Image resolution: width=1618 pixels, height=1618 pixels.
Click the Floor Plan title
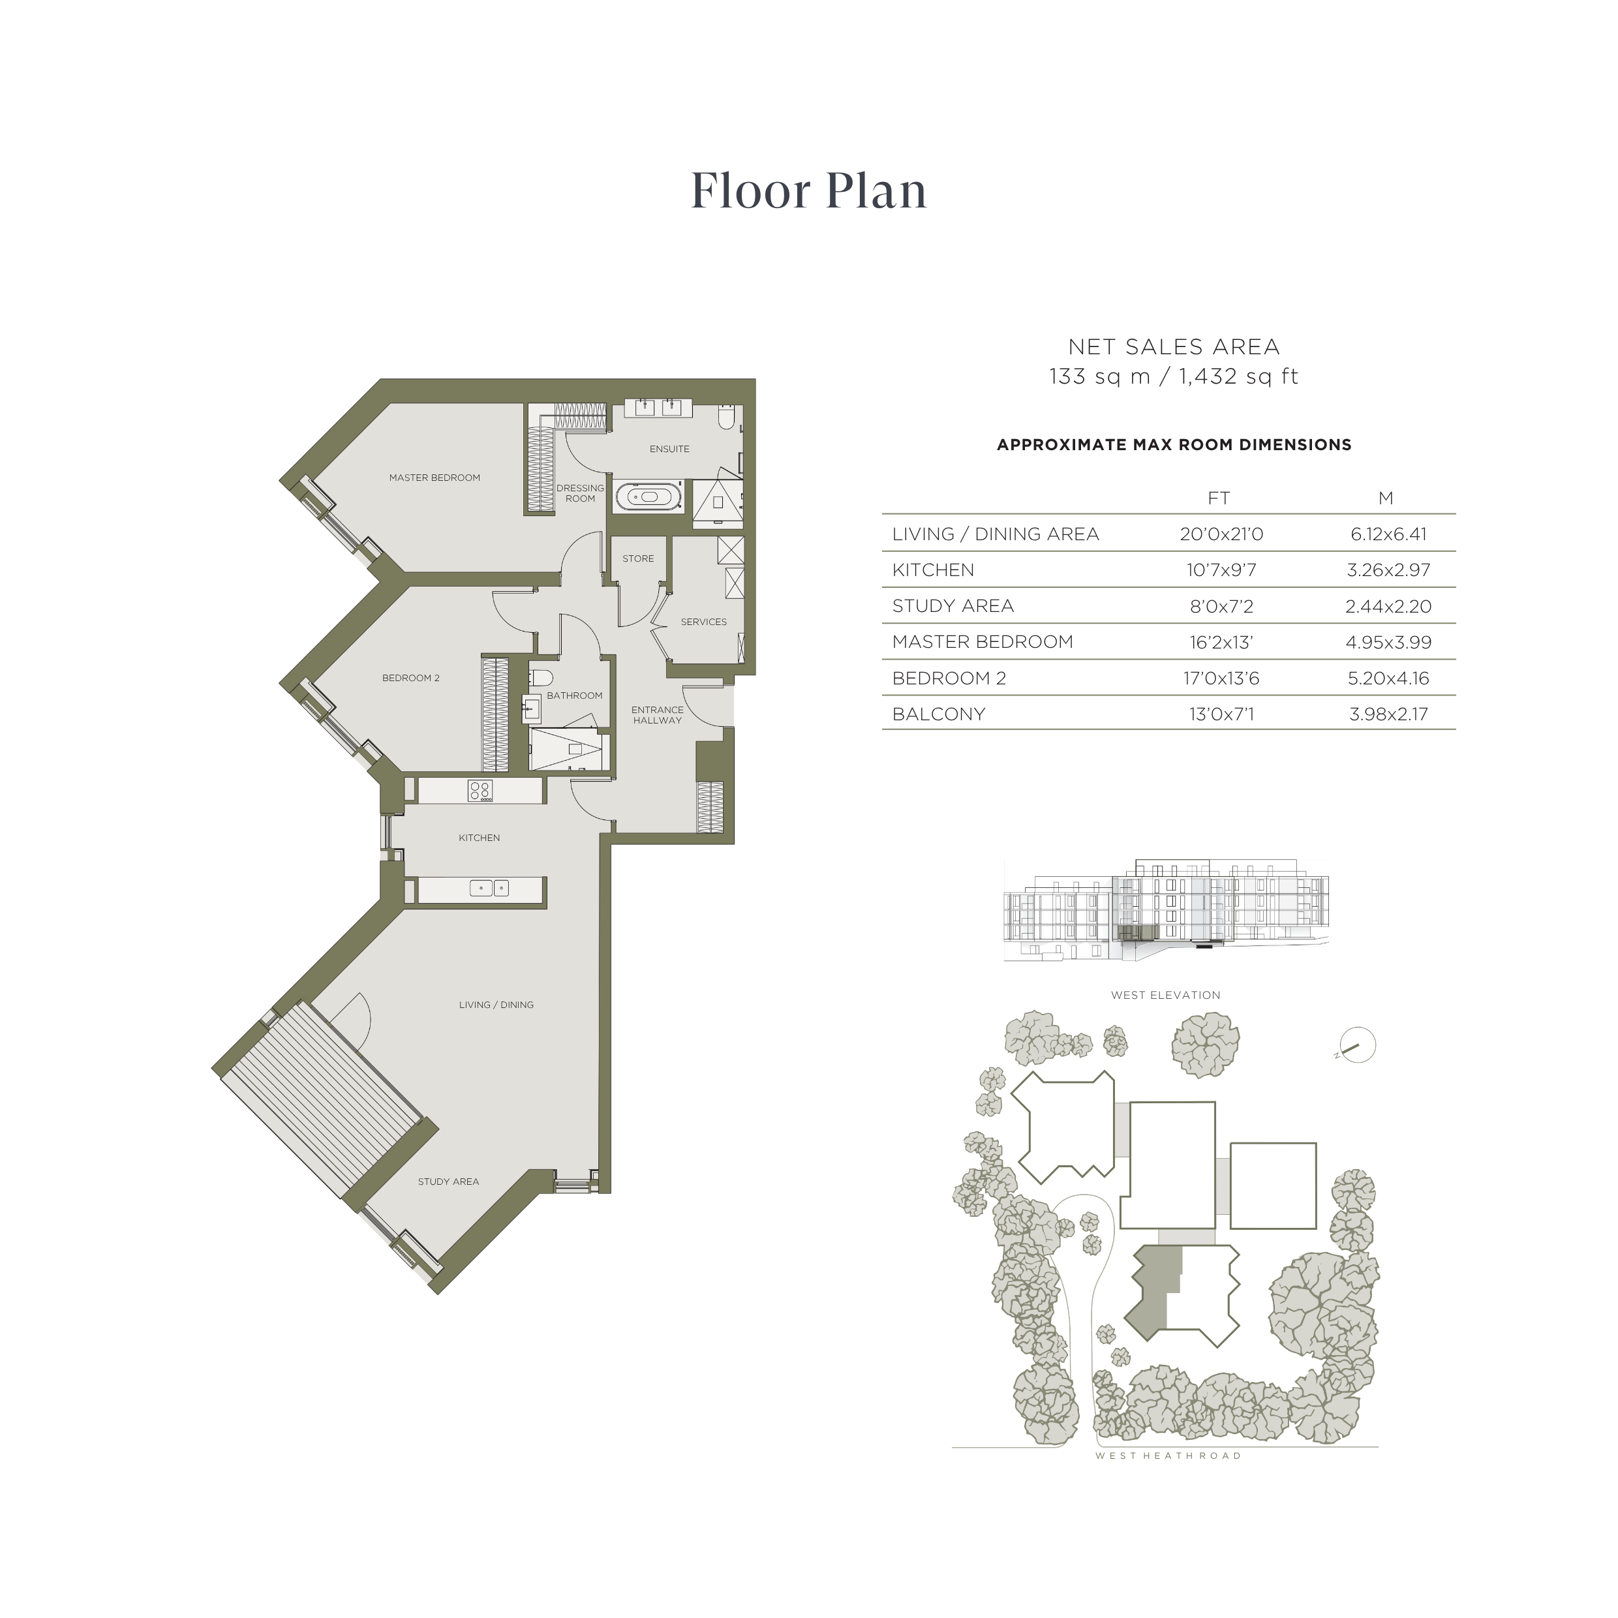808,191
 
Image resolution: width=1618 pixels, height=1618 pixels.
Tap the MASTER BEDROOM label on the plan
435,478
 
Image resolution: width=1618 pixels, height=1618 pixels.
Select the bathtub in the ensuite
649,497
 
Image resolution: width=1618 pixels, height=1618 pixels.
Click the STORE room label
638,558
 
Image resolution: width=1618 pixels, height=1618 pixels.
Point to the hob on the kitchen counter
480,791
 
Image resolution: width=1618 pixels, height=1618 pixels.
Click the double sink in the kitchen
489,888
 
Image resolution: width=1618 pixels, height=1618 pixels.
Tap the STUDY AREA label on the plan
449,1182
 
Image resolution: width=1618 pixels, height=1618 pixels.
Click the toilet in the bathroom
541,677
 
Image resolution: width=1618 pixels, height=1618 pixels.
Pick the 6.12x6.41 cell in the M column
1388,534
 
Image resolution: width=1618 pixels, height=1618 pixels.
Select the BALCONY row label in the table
939,714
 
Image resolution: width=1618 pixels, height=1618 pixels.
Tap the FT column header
1219,498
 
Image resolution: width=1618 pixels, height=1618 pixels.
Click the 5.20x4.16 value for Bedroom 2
1388,679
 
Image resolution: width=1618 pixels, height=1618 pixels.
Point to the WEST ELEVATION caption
1166,995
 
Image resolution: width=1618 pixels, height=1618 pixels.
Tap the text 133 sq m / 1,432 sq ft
1173,377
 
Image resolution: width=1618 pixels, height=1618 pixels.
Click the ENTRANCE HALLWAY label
658,715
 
